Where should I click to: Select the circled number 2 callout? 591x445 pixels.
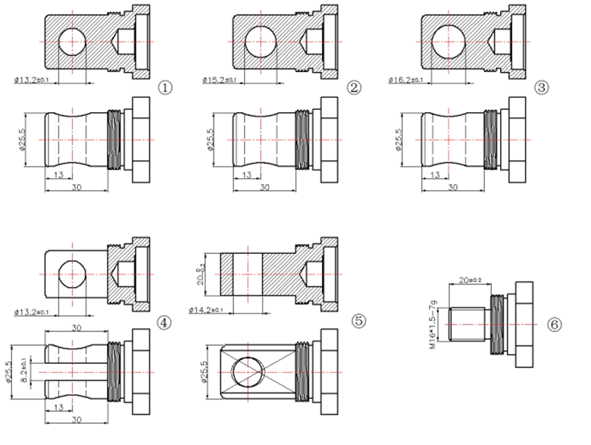coord(353,88)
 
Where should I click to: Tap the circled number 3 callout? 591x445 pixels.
coord(540,88)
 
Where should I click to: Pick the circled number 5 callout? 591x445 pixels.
coord(359,322)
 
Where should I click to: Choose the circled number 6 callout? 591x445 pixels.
coord(555,324)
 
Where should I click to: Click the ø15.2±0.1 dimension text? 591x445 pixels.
coord(219,80)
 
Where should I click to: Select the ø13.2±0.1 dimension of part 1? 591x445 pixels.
coord(33,80)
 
